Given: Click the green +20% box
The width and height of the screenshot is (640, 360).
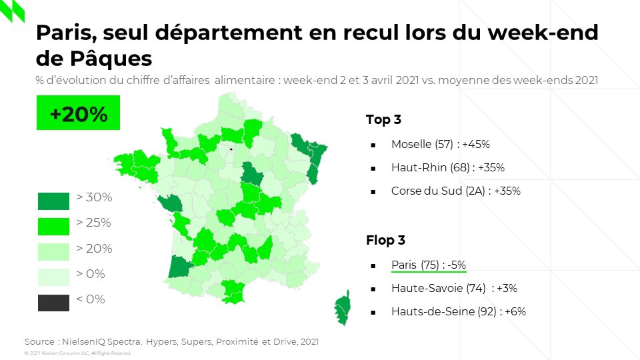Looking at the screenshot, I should tap(77, 114).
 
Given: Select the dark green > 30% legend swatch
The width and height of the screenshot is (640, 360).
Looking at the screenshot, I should tap(53, 201).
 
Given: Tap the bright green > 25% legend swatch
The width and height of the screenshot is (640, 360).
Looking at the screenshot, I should tap(53, 226).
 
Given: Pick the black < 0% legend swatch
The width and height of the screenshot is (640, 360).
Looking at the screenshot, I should tap(53, 302).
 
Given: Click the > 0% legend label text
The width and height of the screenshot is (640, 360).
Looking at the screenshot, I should tap(91, 274).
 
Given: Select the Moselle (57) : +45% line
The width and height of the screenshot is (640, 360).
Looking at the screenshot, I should tap(441, 144).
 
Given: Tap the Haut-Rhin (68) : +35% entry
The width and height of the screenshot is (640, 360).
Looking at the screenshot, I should tap(447, 167).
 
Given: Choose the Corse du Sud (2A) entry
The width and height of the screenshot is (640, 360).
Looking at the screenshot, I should tap(455, 191).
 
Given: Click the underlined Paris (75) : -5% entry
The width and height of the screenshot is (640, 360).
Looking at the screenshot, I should tap(428, 265).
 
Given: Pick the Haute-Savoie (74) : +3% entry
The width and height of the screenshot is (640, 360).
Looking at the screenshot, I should tap(454, 288).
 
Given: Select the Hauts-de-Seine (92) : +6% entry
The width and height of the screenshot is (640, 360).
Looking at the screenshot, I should tap(458, 311).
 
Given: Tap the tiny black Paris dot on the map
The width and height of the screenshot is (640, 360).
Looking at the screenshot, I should tap(230, 149).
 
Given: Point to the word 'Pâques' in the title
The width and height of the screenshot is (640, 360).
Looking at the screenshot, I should tap(111, 59).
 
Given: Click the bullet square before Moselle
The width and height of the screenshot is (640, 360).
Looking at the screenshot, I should tap(373, 145).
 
